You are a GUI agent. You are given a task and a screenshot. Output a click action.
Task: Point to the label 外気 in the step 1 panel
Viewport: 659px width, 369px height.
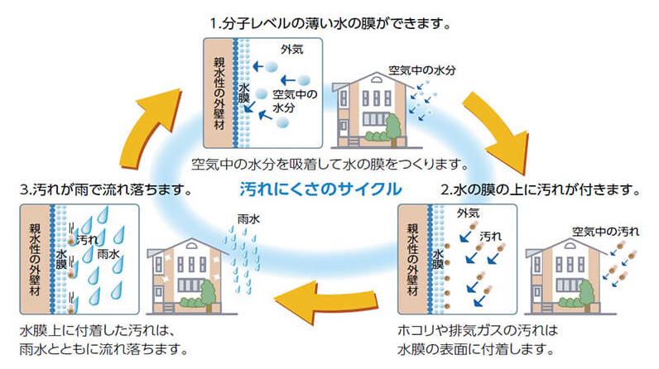click(x=291, y=50)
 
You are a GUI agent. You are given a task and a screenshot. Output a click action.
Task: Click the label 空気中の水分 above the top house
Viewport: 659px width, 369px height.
click(x=423, y=70)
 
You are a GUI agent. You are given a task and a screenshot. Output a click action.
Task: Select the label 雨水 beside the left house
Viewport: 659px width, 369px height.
click(x=248, y=221)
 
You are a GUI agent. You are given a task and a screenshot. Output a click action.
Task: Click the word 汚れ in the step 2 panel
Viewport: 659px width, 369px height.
click(x=491, y=236)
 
